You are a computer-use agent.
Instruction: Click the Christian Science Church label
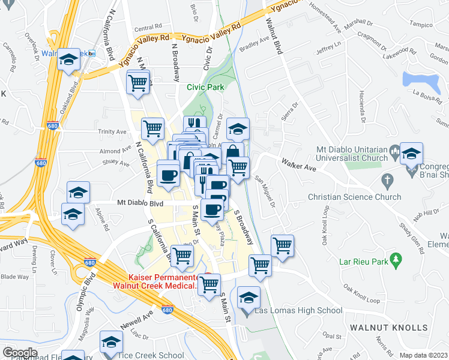click(x=354, y=197)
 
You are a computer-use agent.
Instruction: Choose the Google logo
click(x=19, y=352)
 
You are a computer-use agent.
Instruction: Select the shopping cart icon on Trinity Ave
click(x=153, y=128)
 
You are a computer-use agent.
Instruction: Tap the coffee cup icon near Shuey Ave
click(x=168, y=175)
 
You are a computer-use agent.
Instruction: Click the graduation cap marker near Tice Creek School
click(x=111, y=342)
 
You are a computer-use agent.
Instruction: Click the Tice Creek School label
click(x=155, y=355)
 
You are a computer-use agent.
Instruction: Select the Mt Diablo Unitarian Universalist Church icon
click(x=394, y=149)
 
